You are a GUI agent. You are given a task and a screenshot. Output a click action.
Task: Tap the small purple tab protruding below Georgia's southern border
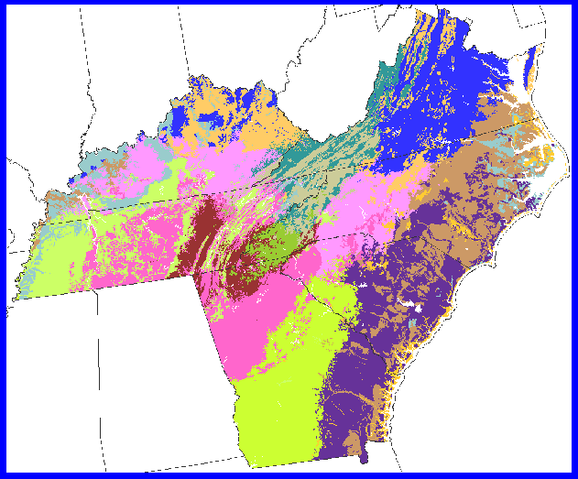[x=362, y=454]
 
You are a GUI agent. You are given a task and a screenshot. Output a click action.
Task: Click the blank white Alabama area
[x=147, y=366]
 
